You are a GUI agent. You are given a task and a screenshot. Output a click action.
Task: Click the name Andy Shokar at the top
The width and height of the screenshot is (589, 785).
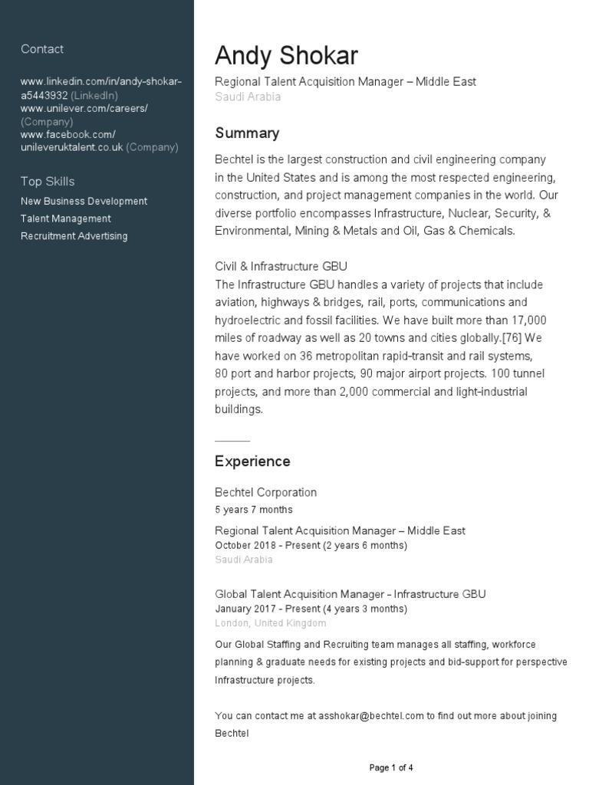pos(286,55)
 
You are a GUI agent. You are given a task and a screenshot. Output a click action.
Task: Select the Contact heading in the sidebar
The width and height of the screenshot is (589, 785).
pos(42,49)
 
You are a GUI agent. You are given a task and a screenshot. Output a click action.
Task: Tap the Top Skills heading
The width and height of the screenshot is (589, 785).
pos(48,182)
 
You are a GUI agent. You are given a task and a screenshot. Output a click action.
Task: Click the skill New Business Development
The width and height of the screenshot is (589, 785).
pos(84,202)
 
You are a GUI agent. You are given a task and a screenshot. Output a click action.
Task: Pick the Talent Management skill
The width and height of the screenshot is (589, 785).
pos(66,219)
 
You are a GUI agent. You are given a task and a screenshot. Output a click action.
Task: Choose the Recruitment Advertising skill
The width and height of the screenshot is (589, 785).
pos(74,236)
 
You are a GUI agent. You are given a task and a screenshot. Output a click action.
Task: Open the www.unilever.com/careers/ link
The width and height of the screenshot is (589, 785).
pos(84,109)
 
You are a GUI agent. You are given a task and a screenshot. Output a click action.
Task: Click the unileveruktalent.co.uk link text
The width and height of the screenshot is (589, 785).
pos(72,147)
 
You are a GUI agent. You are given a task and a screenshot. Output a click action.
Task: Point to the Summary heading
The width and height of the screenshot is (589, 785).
pos(247,133)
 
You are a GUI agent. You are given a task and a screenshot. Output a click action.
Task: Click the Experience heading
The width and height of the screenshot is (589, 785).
pos(252,461)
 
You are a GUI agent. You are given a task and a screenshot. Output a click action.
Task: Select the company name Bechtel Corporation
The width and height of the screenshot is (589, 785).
pos(265,492)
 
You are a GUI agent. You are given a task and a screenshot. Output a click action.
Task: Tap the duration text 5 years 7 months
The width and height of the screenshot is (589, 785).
pos(253,510)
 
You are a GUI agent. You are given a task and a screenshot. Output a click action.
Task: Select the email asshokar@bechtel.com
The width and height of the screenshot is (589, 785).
pos(371,716)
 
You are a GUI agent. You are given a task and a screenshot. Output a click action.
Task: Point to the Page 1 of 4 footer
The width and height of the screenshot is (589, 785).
pos(391,767)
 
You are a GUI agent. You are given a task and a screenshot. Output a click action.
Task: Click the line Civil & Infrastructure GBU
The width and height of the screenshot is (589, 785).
pos(281,267)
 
